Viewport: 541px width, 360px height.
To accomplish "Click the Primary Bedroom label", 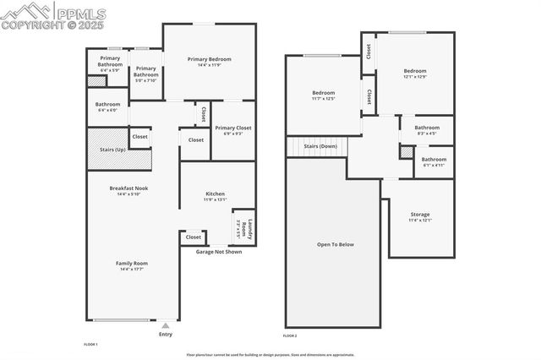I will coord(209,59).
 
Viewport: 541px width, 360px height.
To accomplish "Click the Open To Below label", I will coord(335,245).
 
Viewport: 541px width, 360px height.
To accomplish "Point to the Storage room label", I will coord(420,215).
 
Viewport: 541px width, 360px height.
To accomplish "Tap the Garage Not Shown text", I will coord(219,251).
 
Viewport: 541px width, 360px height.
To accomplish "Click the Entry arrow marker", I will coord(166,324).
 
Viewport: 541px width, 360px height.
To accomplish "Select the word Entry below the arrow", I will coord(166,335).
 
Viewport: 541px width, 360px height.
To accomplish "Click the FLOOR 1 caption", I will coord(90,345).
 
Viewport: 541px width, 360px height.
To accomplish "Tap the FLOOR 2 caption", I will coord(290,336).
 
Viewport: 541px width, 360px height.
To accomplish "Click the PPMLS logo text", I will coord(81,12).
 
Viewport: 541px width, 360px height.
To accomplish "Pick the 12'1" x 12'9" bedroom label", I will coord(414,71).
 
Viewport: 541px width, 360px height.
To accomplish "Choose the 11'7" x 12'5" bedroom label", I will coord(324,93).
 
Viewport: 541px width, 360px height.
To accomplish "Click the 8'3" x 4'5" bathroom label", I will coord(426,128).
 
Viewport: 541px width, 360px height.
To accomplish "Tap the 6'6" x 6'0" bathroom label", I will coord(107,105).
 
